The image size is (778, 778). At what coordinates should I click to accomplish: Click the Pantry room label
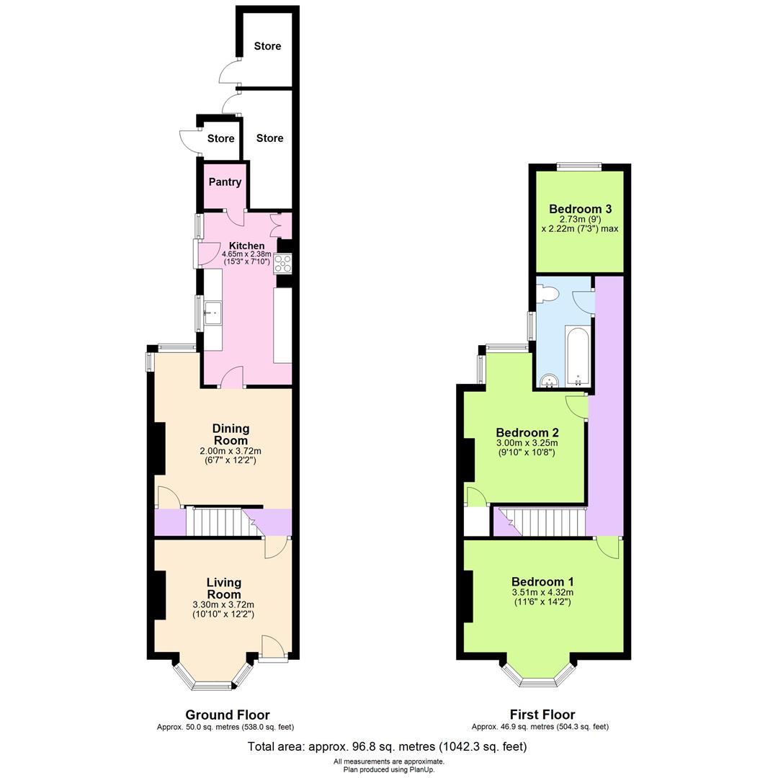[225, 182]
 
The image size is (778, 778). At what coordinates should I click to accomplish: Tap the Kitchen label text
[247, 246]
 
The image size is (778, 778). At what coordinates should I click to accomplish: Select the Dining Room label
[231, 434]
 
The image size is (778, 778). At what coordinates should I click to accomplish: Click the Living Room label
[223, 588]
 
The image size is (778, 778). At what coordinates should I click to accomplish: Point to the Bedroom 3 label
[580, 210]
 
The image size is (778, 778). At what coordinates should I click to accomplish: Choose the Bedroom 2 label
[527, 433]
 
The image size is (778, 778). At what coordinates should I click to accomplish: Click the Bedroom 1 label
[542, 582]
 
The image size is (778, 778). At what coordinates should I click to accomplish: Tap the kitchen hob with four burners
[282, 264]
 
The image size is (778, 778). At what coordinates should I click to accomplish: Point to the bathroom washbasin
[550, 380]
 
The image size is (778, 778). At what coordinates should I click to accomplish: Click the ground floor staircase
[216, 522]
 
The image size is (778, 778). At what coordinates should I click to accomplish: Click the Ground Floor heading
[228, 715]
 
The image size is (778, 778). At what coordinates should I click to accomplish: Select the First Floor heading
[542, 715]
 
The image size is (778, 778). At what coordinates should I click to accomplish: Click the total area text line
[388, 746]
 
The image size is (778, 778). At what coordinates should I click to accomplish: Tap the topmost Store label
[267, 46]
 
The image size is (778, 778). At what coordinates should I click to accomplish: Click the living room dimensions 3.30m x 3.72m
[223, 605]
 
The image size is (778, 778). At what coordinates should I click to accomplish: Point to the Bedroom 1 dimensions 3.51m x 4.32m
[542, 592]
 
